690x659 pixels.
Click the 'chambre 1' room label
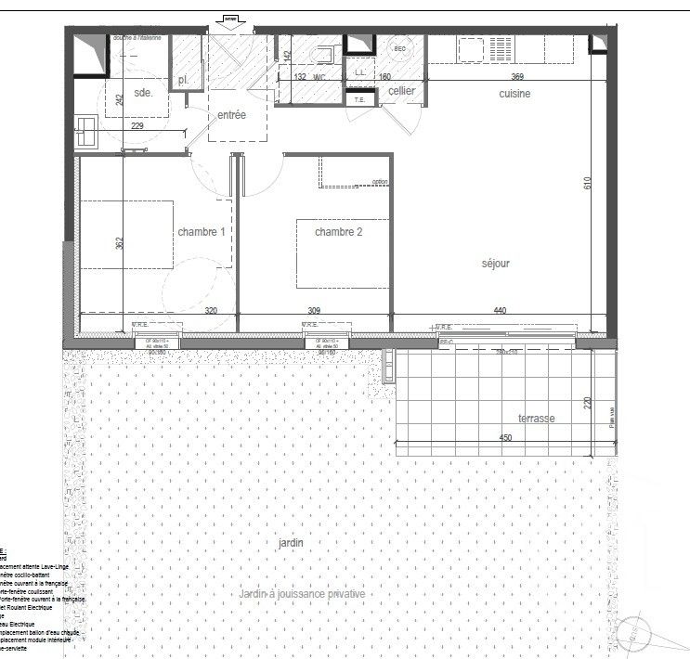click(202, 231)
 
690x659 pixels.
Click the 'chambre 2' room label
click(339, 231)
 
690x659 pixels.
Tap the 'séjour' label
click(495, 264)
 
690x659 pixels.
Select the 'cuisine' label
click(515, 94)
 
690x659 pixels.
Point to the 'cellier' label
click(401, 91)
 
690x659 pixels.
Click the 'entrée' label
click(231, 115)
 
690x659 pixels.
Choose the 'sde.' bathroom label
click(144, 93)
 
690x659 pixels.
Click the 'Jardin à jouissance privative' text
click(302, 594)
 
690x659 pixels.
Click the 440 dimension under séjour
click(500, 312)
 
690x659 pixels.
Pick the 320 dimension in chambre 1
click(213, 312)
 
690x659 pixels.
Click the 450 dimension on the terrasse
click(504, 438)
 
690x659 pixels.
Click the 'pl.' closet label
click(184, 81)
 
